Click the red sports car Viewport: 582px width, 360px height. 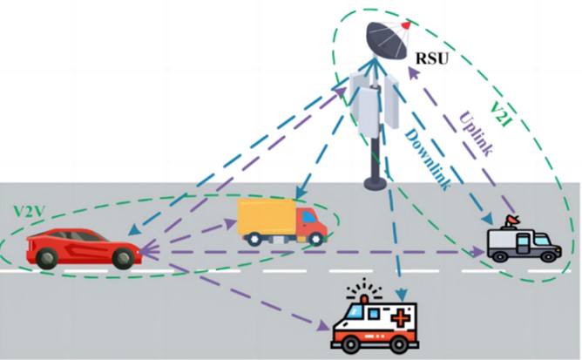pyautogui.click(x=83, y=248)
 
